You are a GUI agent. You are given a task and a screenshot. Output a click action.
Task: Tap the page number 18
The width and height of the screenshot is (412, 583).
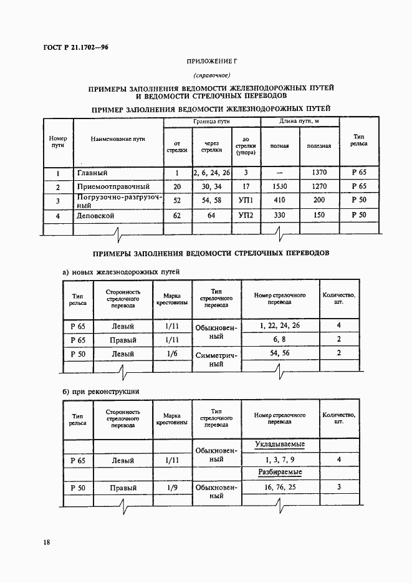(47, 542)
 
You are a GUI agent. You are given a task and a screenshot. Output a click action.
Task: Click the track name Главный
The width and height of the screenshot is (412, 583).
(92, 173)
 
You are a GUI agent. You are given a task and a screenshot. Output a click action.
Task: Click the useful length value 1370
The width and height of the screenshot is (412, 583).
(319, 172)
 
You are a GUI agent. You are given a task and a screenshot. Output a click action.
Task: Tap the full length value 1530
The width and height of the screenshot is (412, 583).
(279, 186)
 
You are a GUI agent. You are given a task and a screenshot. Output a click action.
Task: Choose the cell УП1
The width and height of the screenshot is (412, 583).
(246, 201)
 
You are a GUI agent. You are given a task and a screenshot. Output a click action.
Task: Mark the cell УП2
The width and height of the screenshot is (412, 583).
(246, 215)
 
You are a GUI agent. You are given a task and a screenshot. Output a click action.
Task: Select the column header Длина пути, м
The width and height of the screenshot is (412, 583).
(299, 122)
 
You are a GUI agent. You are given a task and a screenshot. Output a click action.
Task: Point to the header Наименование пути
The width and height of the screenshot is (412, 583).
(118, 138)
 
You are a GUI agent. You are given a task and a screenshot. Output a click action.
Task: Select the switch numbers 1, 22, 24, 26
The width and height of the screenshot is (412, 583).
(279, 325)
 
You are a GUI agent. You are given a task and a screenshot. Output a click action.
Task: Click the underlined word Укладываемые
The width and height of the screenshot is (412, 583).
(280, 444)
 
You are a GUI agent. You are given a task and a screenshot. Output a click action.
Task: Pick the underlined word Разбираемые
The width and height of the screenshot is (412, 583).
(280, 473)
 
